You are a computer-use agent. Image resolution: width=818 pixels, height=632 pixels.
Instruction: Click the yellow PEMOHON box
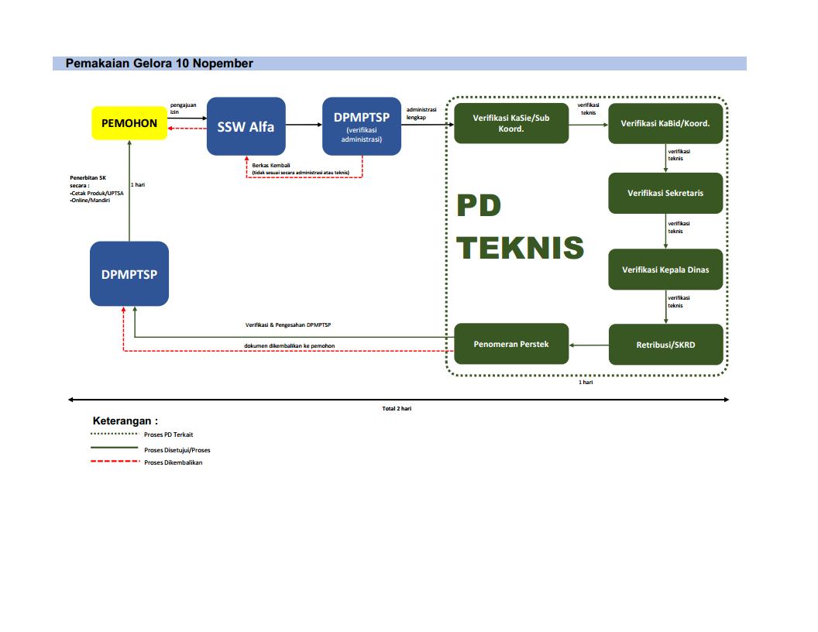pos(129,123)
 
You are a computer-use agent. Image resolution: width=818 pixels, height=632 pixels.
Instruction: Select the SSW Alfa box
pos(246,126)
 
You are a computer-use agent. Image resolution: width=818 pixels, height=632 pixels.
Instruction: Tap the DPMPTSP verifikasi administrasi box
pos(362,126)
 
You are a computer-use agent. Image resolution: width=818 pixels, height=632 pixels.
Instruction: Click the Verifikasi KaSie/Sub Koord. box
pos(511,124)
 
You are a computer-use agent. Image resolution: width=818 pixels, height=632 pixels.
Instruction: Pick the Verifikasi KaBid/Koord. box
pos(665,124)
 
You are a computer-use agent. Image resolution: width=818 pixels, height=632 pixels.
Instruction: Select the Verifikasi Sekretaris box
pos(665,193)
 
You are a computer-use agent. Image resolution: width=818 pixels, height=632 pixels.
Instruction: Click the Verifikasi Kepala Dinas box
pos(665,270)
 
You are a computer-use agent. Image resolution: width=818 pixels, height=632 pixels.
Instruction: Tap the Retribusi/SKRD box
pos(665,345)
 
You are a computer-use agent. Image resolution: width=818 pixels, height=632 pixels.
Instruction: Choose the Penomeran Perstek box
pos(511,344)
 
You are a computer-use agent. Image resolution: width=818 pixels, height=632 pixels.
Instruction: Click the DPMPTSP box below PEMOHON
pos(129,273)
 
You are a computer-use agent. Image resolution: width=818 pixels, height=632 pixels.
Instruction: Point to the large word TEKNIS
pos(520,248)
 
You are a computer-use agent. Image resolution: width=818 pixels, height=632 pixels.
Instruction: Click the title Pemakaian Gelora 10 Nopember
pos(159,64)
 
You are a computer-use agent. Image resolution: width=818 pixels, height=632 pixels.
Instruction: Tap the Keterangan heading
pos(125,421)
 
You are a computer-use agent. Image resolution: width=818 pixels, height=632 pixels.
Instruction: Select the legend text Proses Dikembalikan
pos(174,462)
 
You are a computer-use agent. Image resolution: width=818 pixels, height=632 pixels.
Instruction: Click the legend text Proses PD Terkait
pos(169,434)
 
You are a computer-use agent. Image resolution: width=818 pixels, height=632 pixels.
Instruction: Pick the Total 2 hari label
pos(397,409)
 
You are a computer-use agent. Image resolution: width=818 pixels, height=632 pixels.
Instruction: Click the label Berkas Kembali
pos(271,165)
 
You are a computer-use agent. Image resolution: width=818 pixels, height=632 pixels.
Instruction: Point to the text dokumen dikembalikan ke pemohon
pos(290,345)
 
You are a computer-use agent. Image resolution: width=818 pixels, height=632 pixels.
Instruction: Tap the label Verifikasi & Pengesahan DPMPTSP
pos(288,325)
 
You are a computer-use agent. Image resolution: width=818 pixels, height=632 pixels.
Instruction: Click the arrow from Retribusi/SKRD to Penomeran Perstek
pos(589,345)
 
